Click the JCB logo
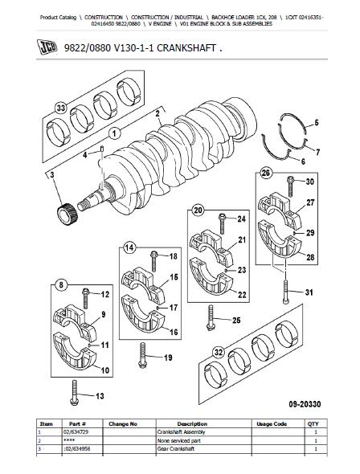click(x=47, y=47)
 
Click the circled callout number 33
click(x=61, y=108)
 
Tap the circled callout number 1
click(x=115, y=133)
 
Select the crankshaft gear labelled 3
click(x=67, y=213)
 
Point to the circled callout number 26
click(x=265, y=174)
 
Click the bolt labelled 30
click(x=290, y=186)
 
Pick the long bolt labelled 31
click(x=286, y=292)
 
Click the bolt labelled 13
click(x=74, y=392)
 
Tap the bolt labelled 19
click(x=143, y=355)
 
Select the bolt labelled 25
click(x=211, y=317)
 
